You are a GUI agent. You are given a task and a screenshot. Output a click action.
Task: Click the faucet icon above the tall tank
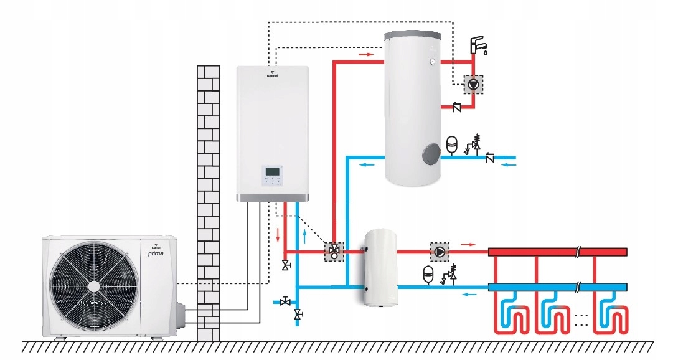(x=478, y=45)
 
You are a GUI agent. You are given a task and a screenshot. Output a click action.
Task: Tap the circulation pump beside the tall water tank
(x=474, y=84)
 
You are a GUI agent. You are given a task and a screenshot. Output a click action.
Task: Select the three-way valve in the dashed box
(x=335, y=252)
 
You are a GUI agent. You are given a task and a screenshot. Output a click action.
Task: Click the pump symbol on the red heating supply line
(x=440, y=252)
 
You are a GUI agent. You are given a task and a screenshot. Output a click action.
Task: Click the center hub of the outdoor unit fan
(x=93, y=286)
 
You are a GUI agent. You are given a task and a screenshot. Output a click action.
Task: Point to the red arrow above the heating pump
(x=470, y=244)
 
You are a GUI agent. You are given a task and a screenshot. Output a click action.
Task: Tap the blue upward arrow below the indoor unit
(x=304, y=235)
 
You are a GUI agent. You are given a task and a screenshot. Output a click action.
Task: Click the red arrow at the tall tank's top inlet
(x=367, y=54)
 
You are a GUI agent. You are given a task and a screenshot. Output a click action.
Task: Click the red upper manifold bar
(x=557, y=252)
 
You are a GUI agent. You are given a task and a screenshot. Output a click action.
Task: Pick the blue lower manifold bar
(x=557, y=287)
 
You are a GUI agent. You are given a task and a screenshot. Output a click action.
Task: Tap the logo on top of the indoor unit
(x=272, y=75)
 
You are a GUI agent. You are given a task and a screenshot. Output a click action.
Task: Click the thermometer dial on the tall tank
(x=431, y=61)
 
